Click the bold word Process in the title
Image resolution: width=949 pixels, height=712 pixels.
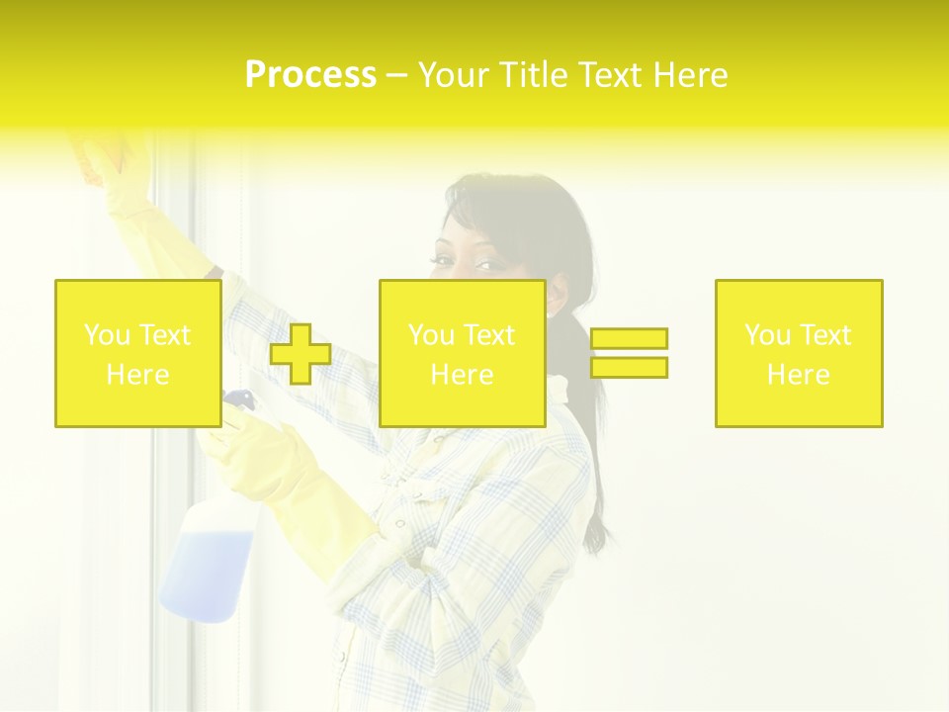click(310, 75)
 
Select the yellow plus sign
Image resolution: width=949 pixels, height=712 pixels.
click(301, 354)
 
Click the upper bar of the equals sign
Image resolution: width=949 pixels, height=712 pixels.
click(629, 339)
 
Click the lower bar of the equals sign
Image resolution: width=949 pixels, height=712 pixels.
click(629, 368)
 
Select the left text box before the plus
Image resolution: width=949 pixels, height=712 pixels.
click(137, 353)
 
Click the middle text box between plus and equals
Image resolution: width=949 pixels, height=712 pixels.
click(462, 353)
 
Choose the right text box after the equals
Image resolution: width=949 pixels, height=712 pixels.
click(799, 353)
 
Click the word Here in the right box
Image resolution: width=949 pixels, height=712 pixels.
click(799, 375)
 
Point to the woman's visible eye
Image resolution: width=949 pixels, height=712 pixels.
click(491, 265)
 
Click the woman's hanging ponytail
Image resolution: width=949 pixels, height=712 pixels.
click(590, 465)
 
